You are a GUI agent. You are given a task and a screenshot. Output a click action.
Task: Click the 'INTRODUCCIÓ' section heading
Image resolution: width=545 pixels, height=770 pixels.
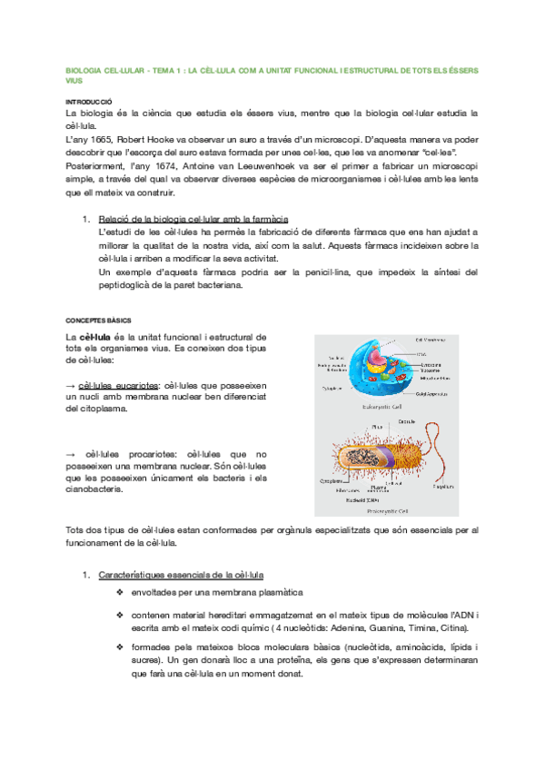point(88,102)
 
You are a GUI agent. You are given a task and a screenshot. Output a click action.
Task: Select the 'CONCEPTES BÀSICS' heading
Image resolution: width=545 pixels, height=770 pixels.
point(99,321)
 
